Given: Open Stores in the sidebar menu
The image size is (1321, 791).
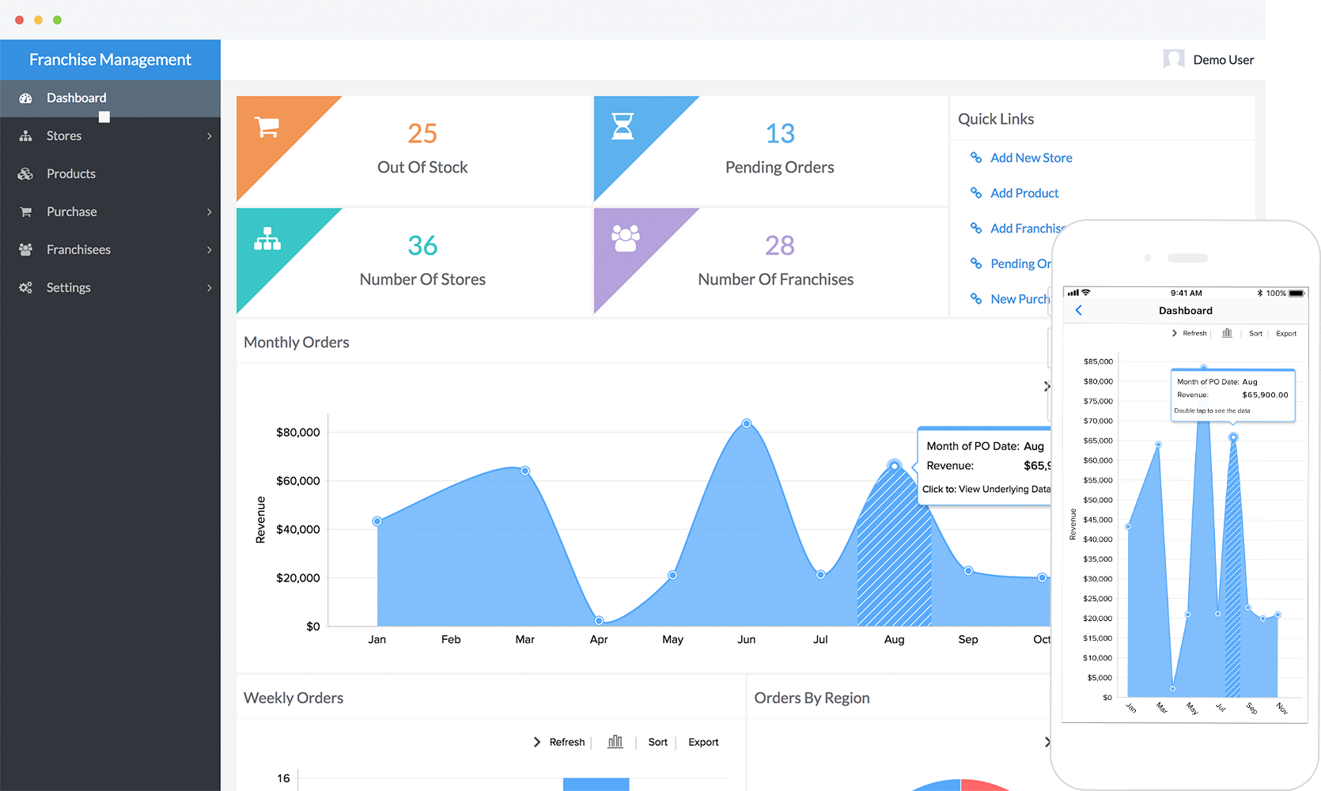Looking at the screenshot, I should point(64,136).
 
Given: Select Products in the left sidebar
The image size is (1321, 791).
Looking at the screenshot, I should point(70,174).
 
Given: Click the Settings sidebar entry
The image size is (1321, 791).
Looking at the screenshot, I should point(69,288).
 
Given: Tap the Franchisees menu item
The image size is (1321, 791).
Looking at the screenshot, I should point(78,250).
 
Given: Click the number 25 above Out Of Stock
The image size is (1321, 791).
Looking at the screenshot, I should point(422,134).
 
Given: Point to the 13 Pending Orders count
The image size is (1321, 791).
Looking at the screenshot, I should point(780,134).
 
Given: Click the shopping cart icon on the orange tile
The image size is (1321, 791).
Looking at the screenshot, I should point(267,127).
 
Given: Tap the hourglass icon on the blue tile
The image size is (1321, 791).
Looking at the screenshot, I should point(623,126).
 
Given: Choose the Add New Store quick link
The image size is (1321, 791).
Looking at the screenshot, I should point(1031,158).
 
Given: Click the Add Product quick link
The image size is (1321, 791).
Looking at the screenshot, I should point(1024,193).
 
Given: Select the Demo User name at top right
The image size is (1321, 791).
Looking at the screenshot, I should point(1223,60).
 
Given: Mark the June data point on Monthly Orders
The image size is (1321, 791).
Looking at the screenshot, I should point(747,424).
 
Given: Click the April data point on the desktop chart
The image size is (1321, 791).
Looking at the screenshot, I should point(599,621).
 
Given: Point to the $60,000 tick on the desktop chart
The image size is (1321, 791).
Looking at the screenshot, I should point(298,481).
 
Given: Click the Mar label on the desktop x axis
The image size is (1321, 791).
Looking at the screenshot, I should point(525,639).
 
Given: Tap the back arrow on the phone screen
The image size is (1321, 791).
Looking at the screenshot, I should point(1079,311).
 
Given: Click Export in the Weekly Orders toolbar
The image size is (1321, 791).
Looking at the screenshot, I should point(703,742).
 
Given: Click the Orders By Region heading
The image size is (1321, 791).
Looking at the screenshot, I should point(812,698).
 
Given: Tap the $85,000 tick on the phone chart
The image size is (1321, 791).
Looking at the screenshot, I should point(1098,361).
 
